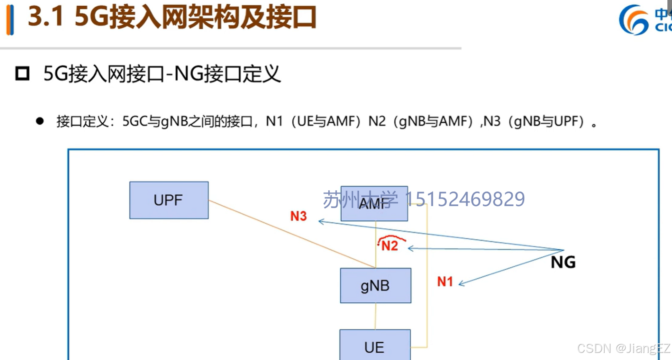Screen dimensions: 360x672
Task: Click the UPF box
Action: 169,200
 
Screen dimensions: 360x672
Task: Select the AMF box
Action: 374,204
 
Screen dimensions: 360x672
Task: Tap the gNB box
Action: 375,286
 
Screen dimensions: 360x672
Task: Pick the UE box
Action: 375,346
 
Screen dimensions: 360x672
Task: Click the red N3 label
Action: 299,216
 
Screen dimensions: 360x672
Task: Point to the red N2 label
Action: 390,245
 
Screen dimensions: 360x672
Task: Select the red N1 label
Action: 445,282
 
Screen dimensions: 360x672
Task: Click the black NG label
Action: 563,262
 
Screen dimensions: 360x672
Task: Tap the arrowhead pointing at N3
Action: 321,221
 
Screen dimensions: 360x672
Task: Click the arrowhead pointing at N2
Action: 411,248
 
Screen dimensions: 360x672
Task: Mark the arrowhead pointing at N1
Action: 462,283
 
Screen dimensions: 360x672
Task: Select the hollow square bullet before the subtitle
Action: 22,74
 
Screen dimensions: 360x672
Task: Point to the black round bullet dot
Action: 40,121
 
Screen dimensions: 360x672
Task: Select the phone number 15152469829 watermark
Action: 465,199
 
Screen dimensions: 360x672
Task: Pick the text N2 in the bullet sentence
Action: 377,121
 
